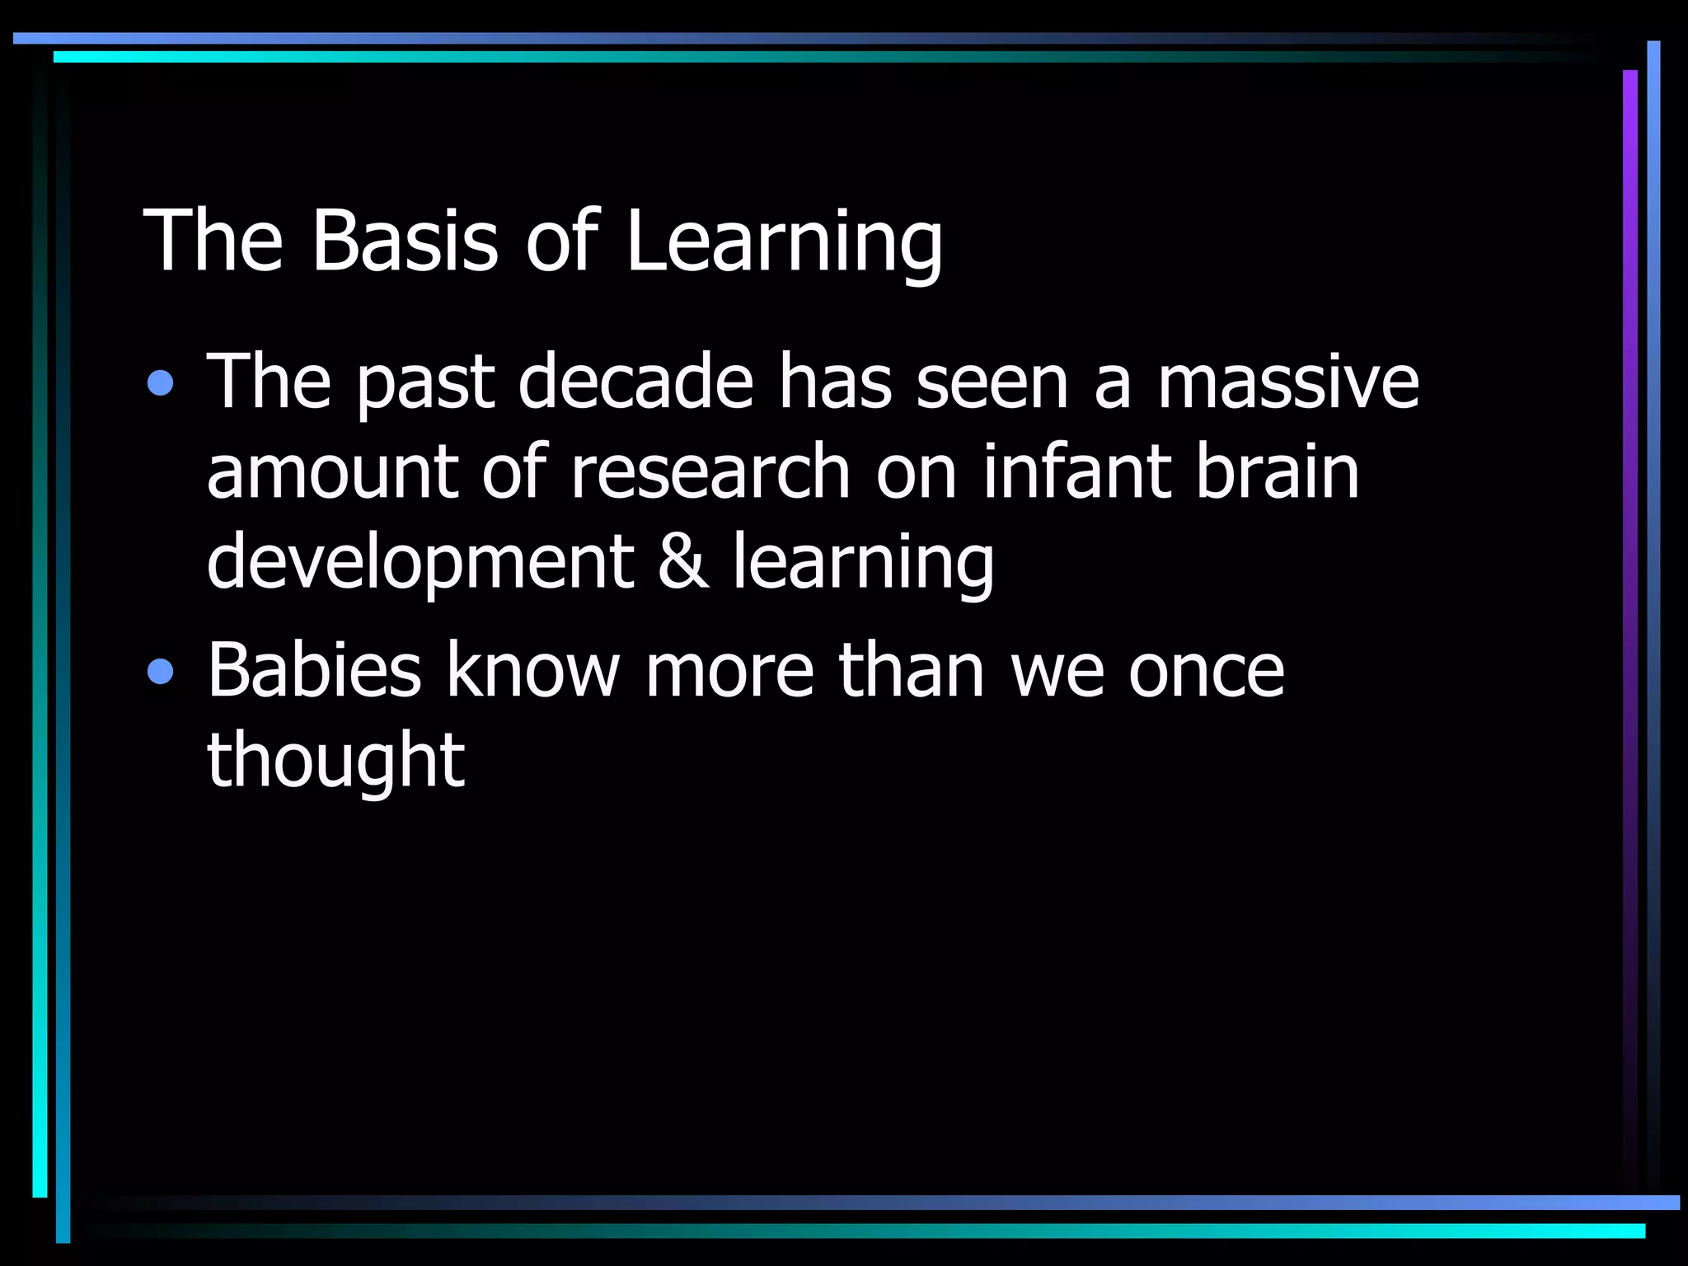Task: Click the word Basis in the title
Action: (405, 241)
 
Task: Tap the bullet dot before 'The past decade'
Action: (161, 383)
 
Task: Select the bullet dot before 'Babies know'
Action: (161, 672)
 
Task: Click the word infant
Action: (1076, 471)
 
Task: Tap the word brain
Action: (1277, 471)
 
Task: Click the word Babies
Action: (314, 670)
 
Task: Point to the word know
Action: (532, 670)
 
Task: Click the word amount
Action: (331, 473)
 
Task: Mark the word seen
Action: (992, 383)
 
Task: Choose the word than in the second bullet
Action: (912, 670)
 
